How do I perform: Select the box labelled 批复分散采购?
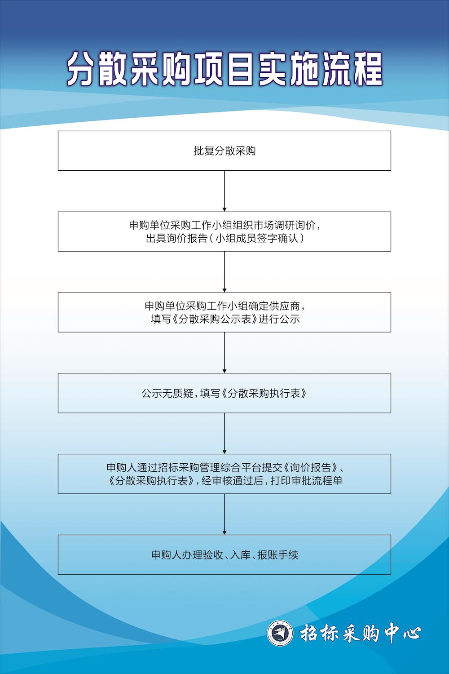click(224, 151)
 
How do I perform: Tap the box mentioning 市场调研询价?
click(224, 231)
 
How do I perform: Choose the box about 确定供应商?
click(224, 312)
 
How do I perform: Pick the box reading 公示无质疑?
click(224, 393)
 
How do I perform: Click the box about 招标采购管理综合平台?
click(224, 474)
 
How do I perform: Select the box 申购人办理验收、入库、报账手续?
click(224, 555)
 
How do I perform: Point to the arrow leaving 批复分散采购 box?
click(224, 191)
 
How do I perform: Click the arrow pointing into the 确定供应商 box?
click(224, 271)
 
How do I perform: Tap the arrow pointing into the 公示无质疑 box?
click(224, 352)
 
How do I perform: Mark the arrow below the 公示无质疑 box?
click(224, 433)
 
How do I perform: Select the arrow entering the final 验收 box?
click(224, 514)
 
